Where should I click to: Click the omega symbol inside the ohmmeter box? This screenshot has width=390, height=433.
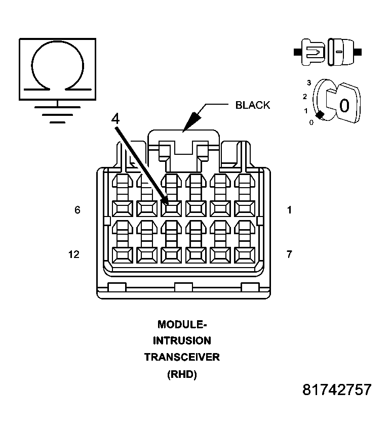tap(57, 66)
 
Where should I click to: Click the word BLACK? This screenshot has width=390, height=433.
tap(252, 105)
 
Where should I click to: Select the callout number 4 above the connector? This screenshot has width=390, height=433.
tap(115, 119)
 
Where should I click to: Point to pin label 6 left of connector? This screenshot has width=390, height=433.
tap(77, 210)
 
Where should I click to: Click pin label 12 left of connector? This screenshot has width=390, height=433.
tap(74, 254)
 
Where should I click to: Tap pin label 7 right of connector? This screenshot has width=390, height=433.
tap(289, 254)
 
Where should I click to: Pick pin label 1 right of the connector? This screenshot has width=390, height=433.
tap(289, 210)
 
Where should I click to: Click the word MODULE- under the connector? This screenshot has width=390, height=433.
tap(182, 324)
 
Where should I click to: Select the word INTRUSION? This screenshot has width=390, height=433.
tap(182, 340)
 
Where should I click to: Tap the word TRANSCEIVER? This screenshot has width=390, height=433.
tap(182, 357)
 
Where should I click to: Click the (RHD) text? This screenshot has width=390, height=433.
tap(182, 374)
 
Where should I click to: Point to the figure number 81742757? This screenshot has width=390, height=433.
tap(337, 390)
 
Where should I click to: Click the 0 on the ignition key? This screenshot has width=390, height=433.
tap(344, 105)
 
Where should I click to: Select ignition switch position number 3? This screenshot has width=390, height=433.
tap(308, 82)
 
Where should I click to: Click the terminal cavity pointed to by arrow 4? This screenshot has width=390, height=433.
tap(172, 208)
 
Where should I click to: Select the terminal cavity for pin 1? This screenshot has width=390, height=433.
tap(245, 208)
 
